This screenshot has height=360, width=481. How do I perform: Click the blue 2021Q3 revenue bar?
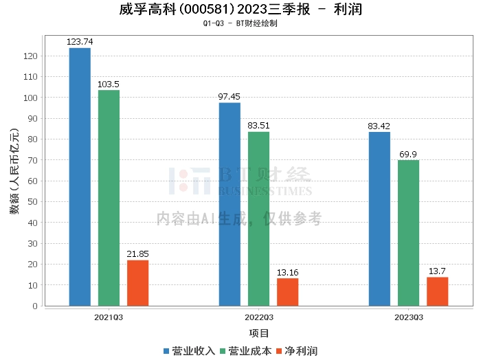[x=80, y=177]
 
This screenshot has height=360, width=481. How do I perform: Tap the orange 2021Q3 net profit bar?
[x=137, y=283]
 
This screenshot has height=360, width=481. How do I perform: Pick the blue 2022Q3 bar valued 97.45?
[x=230, y=204]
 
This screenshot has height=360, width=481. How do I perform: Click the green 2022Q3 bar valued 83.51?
[x=258, y=218]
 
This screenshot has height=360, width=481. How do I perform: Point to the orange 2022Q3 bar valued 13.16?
[x=287, y=292]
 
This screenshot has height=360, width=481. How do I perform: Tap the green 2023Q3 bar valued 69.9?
[x=408, y=233]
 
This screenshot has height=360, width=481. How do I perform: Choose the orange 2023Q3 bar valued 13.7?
[x=437, y=291]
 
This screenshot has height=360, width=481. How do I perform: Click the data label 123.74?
[x=80, y=42]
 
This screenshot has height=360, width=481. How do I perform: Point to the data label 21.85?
[x=137, y=254]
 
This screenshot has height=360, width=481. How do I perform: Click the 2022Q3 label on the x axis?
[x=258, y=317]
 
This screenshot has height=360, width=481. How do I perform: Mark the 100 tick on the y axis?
[x=32, y=98]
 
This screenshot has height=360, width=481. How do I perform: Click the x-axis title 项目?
[x=258, y=333]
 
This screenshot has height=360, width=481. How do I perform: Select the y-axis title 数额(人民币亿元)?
[x=14, y=171]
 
